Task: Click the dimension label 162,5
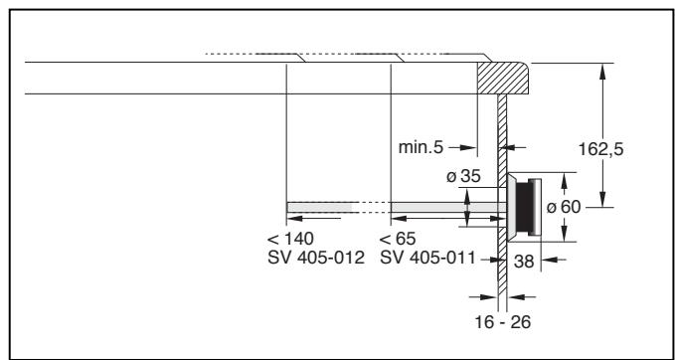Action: (600, 149)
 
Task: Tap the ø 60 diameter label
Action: (564, 207)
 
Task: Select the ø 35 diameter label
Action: (463, 176)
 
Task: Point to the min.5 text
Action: (421, 147)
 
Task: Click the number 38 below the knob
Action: (524, 262)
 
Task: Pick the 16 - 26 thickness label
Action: (503, 321)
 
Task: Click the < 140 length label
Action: (290, 239)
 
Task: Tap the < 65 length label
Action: (398, 239)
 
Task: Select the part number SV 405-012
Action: (316, 258)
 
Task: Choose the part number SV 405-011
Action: (427, 258)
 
